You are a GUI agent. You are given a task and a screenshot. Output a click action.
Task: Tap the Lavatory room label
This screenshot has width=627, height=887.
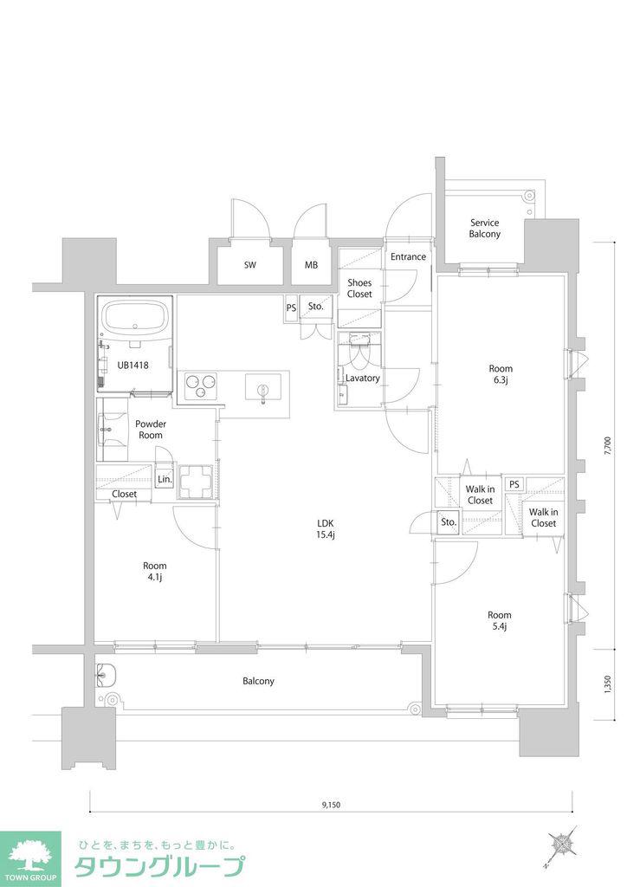pyautogui.click(x=362, y=379)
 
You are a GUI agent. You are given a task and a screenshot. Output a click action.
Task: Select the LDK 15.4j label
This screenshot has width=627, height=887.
pyautogui.click(x=326, y=529)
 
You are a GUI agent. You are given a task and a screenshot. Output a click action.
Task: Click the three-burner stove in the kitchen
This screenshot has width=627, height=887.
pyautogui.click(x=200, y=386)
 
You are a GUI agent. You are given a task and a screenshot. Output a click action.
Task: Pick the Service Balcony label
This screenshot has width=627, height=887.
pyautogui.click(x=484, y=229)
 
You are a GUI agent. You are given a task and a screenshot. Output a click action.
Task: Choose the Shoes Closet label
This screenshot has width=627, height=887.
pyautogui.click(x=359, y=288)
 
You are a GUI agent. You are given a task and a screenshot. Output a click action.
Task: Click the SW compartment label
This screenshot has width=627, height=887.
pyautogui.click(x=250, y=265)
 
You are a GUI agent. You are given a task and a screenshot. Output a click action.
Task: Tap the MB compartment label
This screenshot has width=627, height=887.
pyautogui.click(x=311, y=265)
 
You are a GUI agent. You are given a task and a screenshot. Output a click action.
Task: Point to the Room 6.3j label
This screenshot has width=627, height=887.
pyautogui.click(x=501, y=374)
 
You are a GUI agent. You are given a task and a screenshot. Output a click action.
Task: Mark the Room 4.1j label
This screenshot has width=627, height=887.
pyautogui.click(x=154, y=572)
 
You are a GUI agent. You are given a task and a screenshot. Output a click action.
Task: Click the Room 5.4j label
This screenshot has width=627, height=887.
pyautogui.click(x=500, y=620)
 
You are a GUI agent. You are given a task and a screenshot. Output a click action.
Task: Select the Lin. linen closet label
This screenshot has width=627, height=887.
pyautogui.click(x=165, y=479)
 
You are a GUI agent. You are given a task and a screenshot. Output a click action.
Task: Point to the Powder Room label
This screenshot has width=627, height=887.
pyautogui.click(x=151, y=430)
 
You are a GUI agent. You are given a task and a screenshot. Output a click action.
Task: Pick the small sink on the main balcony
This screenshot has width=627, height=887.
pyautogui.click(x=106, y=674)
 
